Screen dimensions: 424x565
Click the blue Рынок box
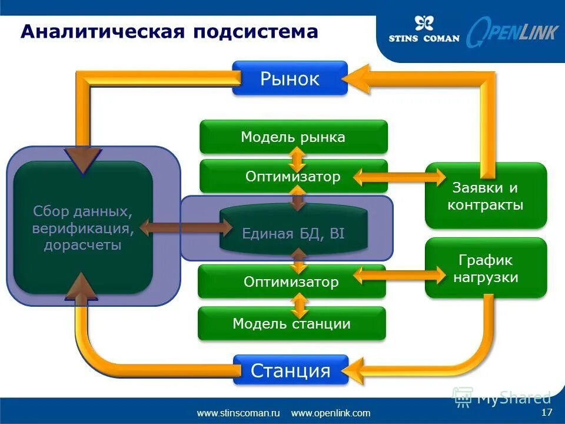click(290, 78)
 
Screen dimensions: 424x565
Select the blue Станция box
click(291, 370)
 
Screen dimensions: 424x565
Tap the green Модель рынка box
click(293, 137)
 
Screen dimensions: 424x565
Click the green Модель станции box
click(291, 323)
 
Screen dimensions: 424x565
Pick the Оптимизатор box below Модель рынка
click(293, 176)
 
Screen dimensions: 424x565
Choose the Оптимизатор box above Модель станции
click(291, 281)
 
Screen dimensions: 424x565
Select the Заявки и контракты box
click(486, 196)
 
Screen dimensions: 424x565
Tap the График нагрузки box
click(486, 268)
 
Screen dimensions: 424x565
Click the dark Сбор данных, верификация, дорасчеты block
click(83, 228)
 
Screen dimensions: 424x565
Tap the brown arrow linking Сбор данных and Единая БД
click(180, 228)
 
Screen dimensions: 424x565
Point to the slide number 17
click(546, 412)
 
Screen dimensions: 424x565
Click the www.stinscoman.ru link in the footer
click(238, 413)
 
